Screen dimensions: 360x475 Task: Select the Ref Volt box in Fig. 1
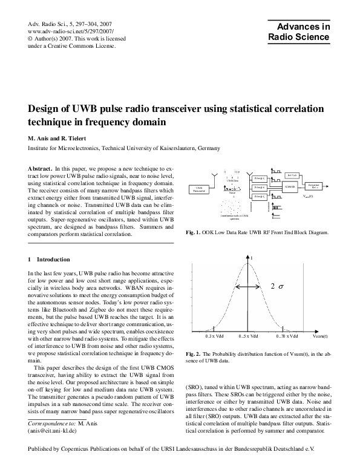292,174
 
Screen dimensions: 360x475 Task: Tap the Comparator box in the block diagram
313,185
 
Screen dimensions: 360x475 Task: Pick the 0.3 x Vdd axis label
214,335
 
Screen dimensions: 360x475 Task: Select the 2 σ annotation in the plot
276,285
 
